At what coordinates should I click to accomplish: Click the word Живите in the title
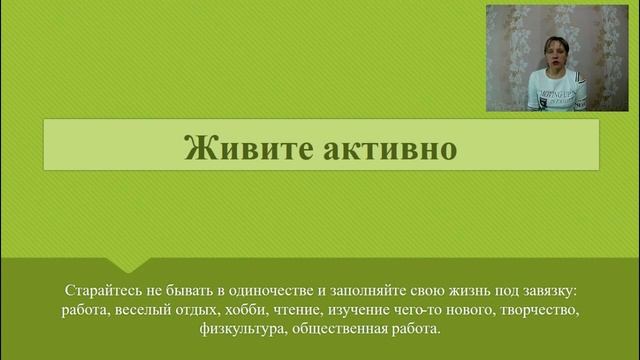234,147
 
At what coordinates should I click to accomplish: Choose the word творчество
540,310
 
